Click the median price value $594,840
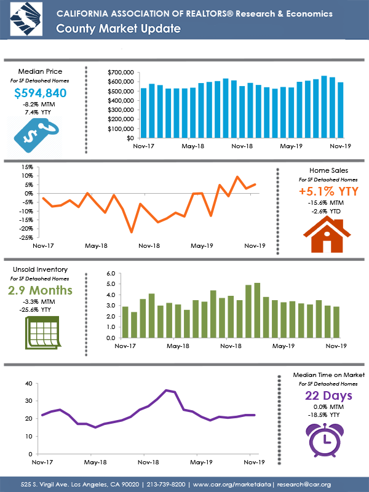tap(40, 93)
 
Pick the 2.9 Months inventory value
tap(40, 290)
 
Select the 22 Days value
tap(320, 395)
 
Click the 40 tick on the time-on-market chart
tap(28, 383)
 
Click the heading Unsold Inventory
tap(40, 269)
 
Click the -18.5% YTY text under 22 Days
tap(320, 415)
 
